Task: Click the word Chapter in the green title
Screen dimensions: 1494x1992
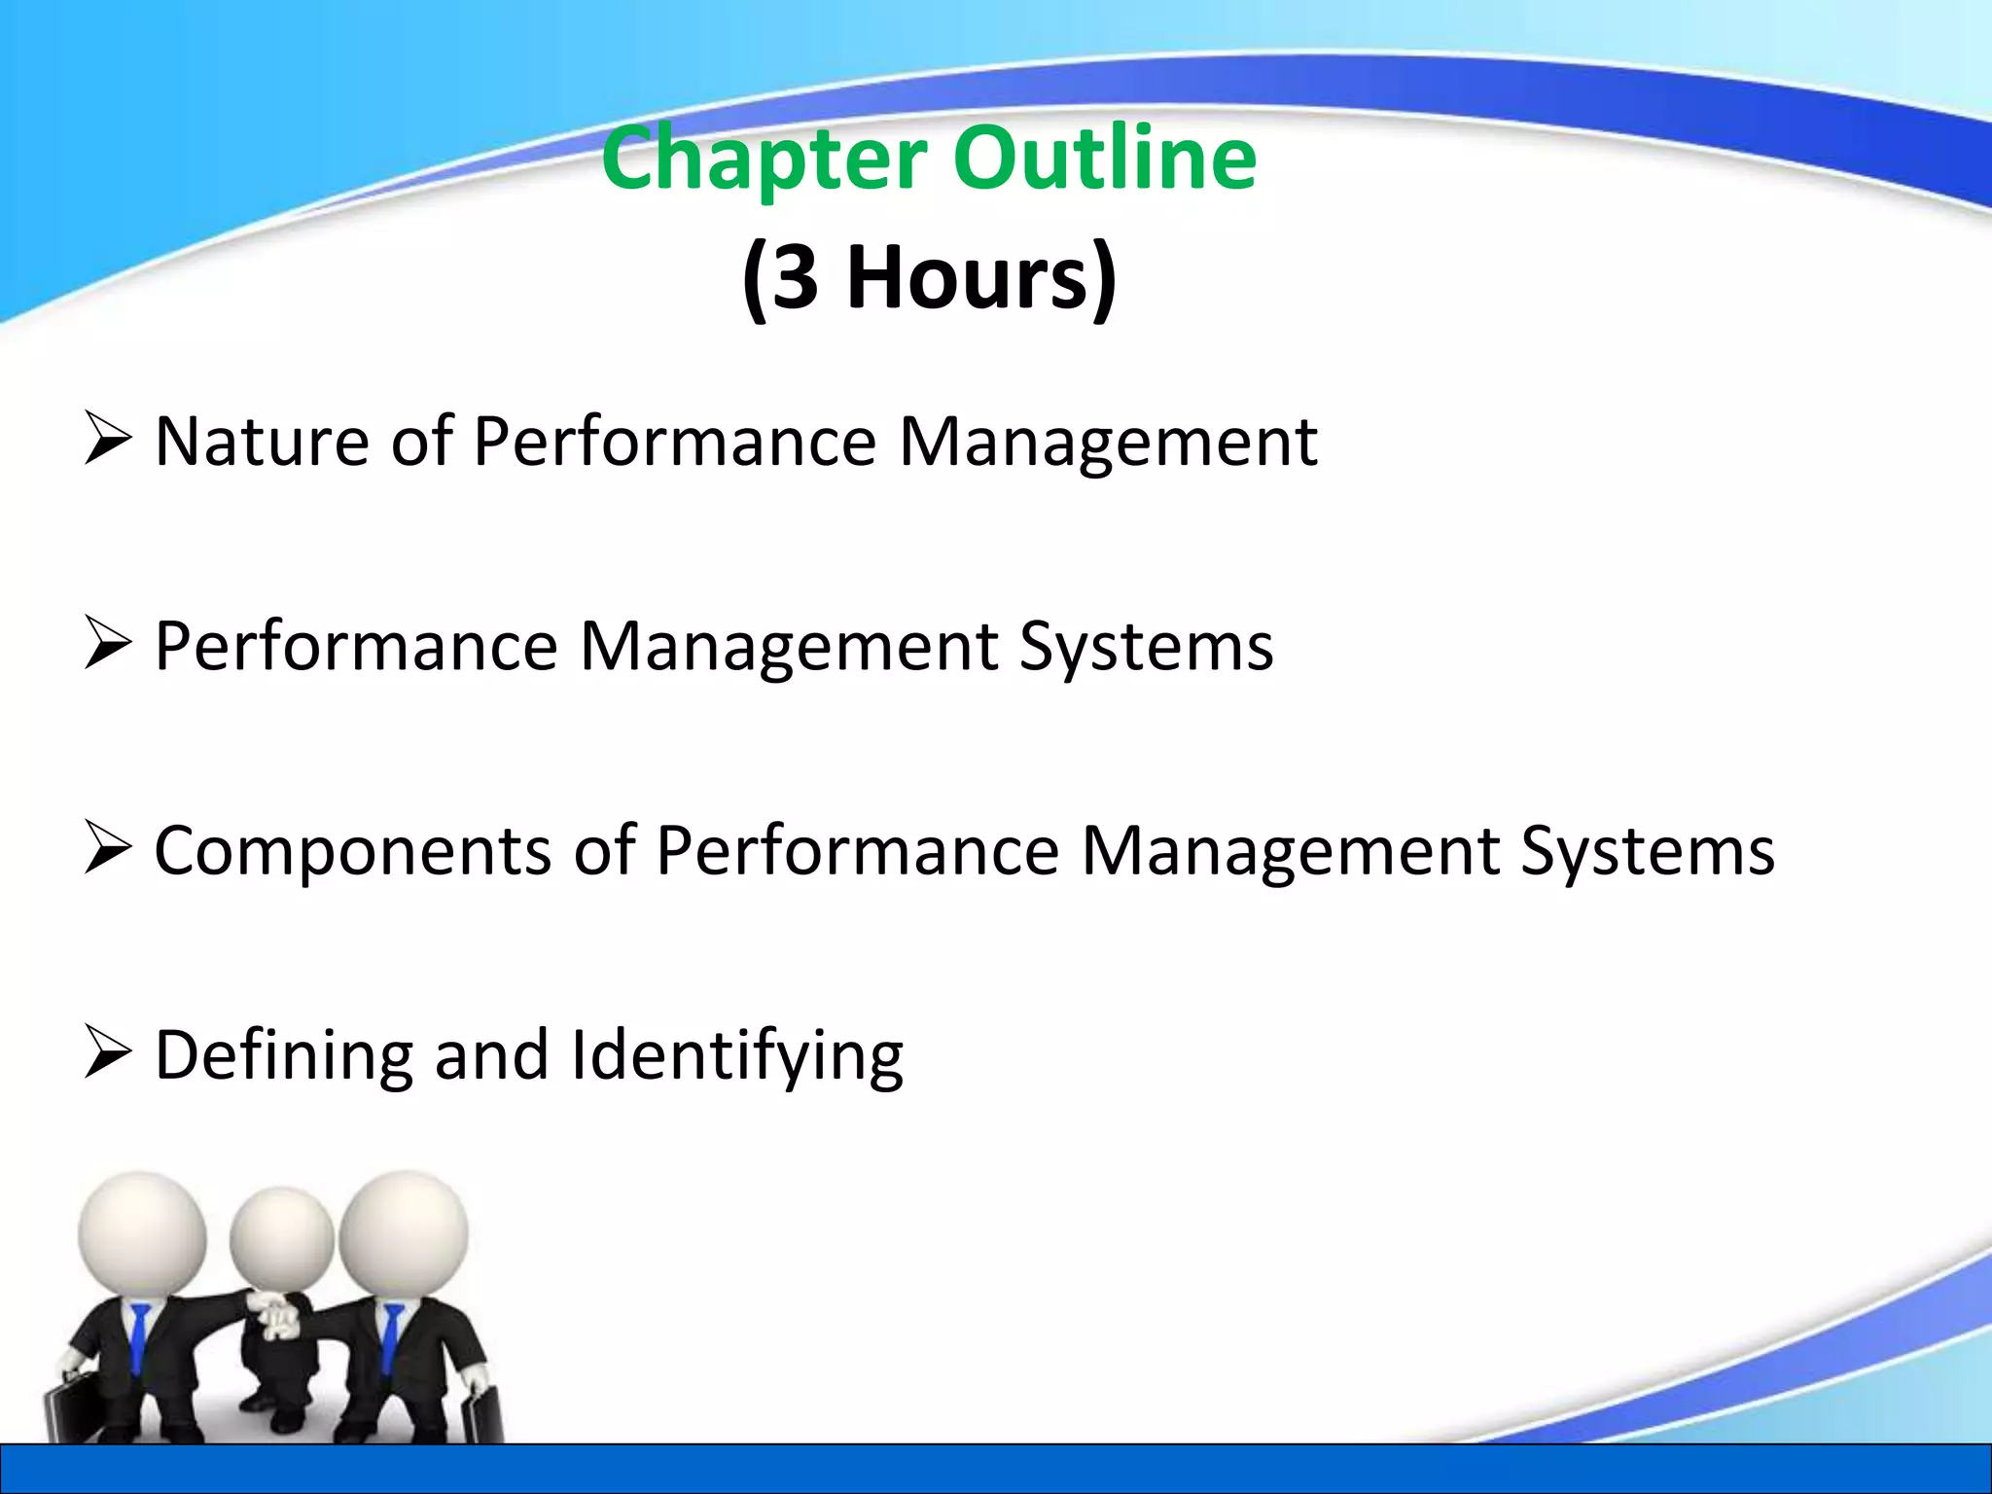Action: [x=764, y=160]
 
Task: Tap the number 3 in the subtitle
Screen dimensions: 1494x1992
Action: [x=795, y=278]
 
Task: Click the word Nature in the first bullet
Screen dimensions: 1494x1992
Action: [x=261, y=443]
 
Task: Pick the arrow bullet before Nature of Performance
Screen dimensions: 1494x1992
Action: [x=107, y=439]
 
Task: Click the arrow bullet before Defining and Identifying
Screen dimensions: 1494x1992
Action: [x=107, y=1052]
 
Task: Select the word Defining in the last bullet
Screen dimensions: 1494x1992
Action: [x=283, y=1055]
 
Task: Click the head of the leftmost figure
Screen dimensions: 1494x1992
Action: [x=142, y=1235]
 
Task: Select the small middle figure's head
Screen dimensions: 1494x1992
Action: [x=281, y=1239]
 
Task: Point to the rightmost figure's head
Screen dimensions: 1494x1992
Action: [x=403, y=1233]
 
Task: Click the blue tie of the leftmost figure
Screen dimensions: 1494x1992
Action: [x=140, y=1337]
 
